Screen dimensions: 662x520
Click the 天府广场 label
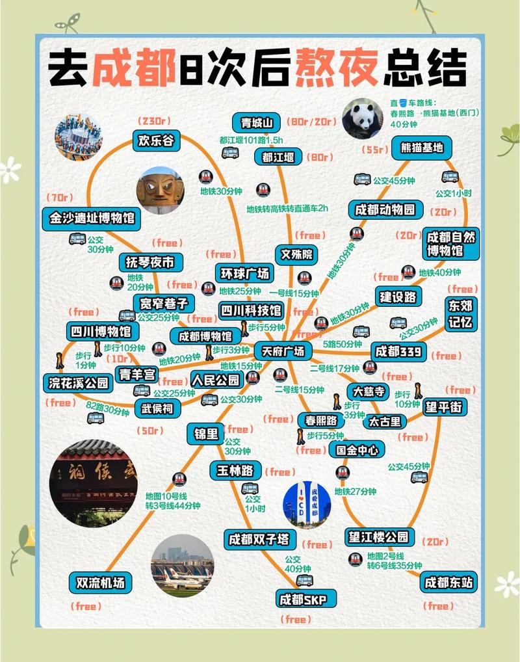click(x=283, y=351)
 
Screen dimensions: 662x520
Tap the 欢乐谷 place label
click(x=156, y=140)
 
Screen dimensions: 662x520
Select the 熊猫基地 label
click(x=421, y=148)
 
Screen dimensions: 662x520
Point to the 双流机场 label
click(x=100, y=582)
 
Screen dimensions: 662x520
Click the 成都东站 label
click(x=448, y=583)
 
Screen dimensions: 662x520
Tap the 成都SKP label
click(x=301, y=599)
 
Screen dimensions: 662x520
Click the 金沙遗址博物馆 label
click(x=92, y=218)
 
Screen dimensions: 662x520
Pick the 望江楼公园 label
click(x=380, y=536)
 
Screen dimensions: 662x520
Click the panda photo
click(x=363, y=119)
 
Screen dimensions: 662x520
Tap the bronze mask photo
click(x=160, y=191)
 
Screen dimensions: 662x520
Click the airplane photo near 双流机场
click(x=182, y=566)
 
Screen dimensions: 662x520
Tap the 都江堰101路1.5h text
click(x=251, y=140)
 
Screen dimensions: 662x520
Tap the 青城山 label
click(x=255, y=122)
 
